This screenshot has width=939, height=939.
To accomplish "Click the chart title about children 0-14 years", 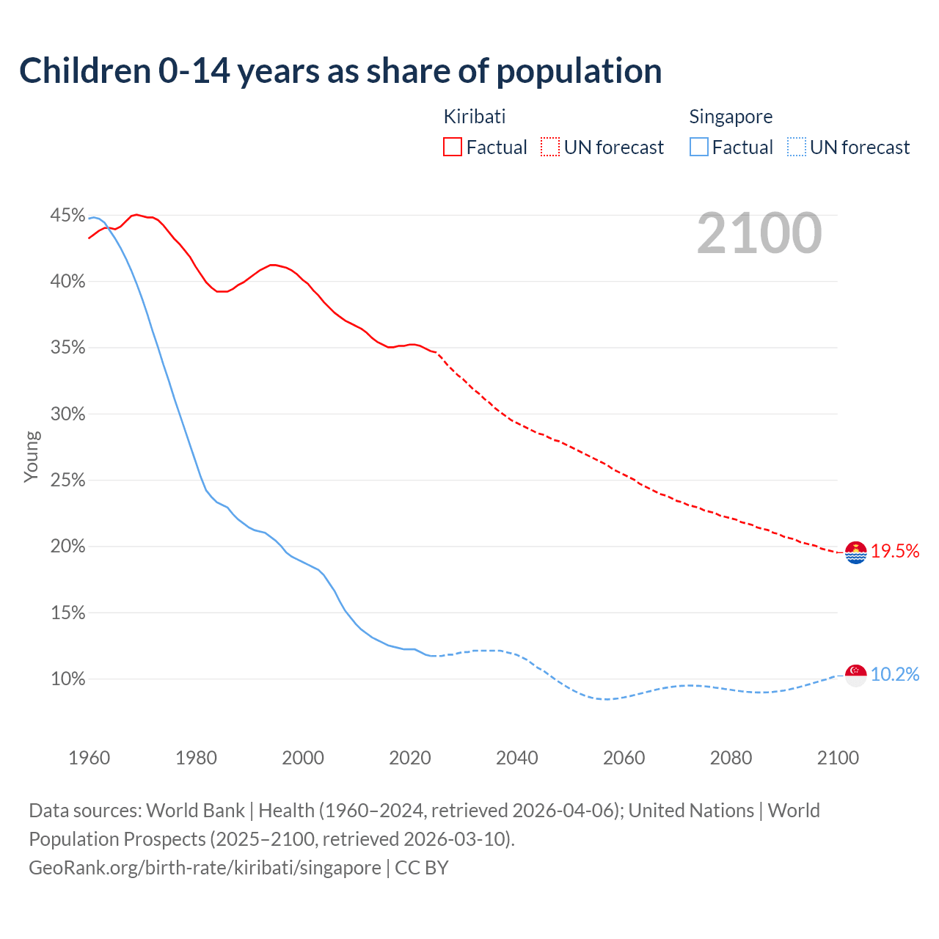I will pos(340,71).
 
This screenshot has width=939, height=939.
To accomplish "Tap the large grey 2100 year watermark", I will pos(759,233).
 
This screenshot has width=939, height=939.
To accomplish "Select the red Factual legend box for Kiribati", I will pos(453,147).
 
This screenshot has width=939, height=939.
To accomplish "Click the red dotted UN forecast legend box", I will pos(550,147).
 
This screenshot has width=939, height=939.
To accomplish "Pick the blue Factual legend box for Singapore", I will pos(698,147).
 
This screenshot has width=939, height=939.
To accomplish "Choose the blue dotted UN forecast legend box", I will pos(796,147).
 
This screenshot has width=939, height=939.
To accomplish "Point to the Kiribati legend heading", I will pos(475,117).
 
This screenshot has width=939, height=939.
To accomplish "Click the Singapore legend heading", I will pos(731,117).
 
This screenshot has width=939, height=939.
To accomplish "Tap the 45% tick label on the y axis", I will pos(67,216).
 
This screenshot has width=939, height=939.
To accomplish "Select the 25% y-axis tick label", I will pos(67,481).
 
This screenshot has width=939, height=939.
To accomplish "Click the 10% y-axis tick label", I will pos(67,679).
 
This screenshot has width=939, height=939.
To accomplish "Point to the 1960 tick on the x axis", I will pos(89,758).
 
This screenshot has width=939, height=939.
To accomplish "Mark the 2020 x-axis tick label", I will pos(410,758).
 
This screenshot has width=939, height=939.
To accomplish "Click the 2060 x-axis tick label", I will pos(624,758).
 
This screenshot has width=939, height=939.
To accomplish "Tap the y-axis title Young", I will pos(32,456).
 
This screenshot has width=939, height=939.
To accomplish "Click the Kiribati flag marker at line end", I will pos(856,552).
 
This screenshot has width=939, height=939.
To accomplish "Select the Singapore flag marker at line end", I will pos(856,675).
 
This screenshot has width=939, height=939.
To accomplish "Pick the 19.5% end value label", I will pos(895,552).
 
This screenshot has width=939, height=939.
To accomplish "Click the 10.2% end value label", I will pos(895,675).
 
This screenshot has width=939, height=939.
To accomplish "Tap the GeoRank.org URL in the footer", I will pos(205,868).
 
